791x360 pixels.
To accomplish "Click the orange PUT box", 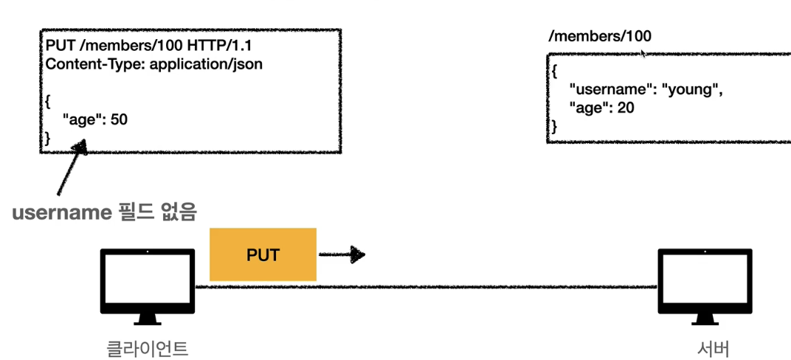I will (263, 255).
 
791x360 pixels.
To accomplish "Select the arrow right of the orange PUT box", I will (342, 255).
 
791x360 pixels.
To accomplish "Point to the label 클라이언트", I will (148, 347).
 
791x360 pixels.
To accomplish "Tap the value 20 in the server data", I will (626, 108).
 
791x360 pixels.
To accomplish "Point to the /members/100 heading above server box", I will (600, 36).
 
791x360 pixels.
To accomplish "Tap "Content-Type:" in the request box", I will (95, 64).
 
